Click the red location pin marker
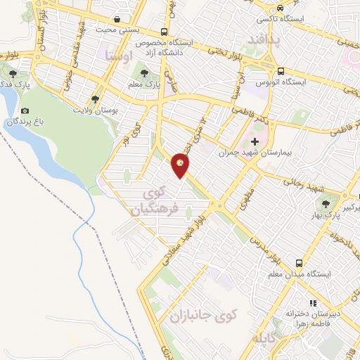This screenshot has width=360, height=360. point(181,165)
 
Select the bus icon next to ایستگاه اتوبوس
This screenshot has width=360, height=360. point(281,71)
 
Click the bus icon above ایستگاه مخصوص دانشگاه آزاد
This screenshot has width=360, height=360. point(164,32)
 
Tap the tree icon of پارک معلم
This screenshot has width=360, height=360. point(145,72)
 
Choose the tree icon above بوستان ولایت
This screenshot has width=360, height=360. point(95,99)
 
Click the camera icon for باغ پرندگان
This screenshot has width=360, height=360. point(25,110)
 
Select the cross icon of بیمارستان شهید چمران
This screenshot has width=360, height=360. point(255,142)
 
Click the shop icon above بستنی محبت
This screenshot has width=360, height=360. point(116,20)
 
